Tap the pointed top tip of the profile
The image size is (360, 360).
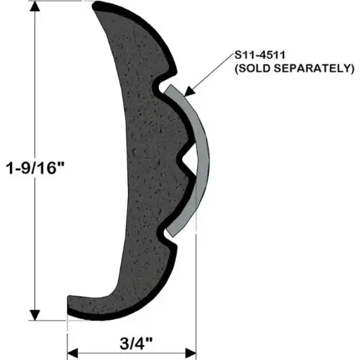(97, 6)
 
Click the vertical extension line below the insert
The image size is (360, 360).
(195, 281)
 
